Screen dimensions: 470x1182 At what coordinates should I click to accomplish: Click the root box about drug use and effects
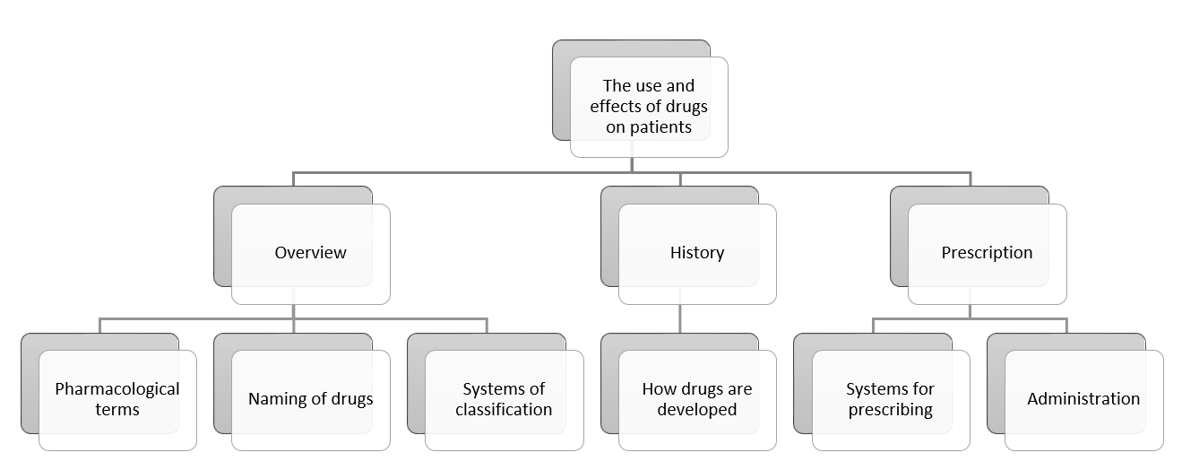point(649,107)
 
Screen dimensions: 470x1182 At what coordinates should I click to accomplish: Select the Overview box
point(310,254)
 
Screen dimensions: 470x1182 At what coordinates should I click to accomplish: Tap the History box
point(697,254)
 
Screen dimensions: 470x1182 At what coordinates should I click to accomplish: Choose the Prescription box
point(987,254)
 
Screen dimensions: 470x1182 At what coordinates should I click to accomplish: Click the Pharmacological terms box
point(117,400)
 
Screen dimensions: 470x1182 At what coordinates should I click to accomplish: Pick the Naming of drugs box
point(310,400)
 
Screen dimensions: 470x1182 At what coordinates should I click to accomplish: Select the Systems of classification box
point(504,400)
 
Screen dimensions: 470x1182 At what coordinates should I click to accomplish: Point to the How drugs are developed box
point(697,400)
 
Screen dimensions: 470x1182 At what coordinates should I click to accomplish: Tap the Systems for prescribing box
point(890,400)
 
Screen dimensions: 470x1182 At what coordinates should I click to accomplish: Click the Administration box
point(1083,400)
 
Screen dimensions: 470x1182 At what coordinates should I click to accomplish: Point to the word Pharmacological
point(117,389)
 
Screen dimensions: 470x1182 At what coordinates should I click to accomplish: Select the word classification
point(504,410)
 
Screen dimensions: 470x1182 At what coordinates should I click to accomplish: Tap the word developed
point(697,410)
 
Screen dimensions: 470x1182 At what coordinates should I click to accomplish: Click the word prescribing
point(890,410)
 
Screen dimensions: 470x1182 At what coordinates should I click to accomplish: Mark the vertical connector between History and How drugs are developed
point(679,318)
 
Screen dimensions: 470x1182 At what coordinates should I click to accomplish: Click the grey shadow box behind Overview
point(222,237)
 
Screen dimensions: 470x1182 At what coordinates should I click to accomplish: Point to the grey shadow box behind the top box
point(561,90)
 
